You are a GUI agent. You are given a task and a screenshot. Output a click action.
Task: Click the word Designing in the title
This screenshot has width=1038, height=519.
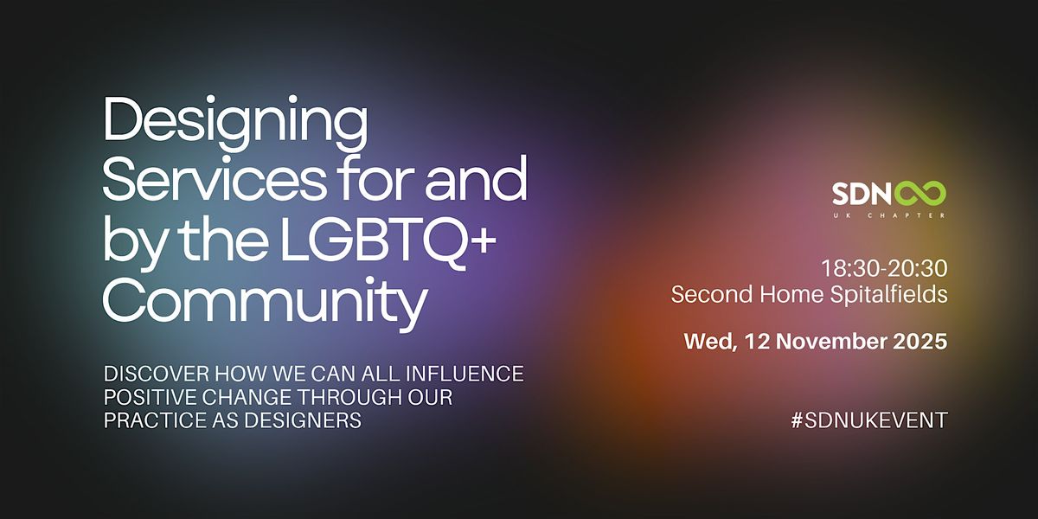pyautogui.click(x=235, y=124)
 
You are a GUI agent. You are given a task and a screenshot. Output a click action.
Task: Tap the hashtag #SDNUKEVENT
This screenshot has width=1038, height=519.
pyautogui.click(x=869, y=420)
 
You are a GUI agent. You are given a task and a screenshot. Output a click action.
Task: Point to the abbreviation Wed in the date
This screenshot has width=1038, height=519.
pyautogui.click(x=705, y=341)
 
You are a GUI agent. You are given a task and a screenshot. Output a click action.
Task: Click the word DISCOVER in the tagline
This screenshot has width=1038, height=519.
pyautogui.click(x=148, y=375)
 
